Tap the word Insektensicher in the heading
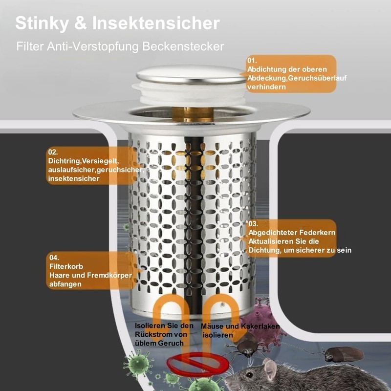(156, 23)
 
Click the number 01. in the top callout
(252, 61)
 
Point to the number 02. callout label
(53, 152)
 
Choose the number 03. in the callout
(253, 224)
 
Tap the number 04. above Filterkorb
(54, 258)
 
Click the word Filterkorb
(66, 266)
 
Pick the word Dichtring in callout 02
(65, 161)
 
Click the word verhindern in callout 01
(266, 87)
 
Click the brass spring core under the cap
(193, 114)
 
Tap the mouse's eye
(250, 375)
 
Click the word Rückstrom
(161, 334)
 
